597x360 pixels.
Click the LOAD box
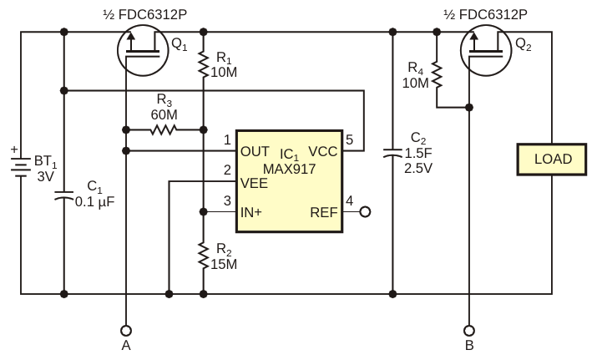551,160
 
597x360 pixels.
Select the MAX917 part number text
290,169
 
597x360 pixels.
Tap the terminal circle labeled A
126,330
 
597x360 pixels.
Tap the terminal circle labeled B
469,330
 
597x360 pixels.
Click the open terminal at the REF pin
365,212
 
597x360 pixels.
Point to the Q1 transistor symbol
143,50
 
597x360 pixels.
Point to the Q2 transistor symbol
486,50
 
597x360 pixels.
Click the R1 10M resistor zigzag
204,65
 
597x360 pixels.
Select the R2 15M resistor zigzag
204,256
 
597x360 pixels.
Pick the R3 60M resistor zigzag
164,130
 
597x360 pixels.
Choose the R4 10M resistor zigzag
437,76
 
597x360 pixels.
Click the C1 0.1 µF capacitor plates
64,196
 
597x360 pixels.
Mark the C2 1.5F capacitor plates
392,154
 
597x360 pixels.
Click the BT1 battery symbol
21,167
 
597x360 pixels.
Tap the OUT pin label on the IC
255,152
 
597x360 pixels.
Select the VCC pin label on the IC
323,152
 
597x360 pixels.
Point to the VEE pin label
254,183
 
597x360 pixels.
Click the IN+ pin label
251,212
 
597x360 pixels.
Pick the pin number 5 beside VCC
349,139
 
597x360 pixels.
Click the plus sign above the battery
14,150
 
